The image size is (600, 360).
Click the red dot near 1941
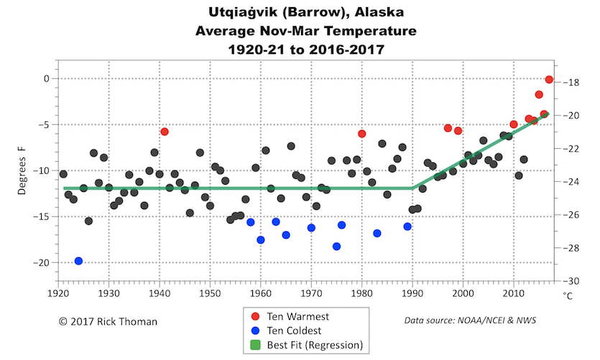165,131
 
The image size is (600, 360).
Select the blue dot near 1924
78,261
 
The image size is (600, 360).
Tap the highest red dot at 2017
549,80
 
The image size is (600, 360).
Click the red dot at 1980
362,134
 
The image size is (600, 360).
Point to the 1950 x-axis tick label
210,293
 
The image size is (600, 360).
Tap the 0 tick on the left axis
45,78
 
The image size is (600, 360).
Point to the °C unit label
568,295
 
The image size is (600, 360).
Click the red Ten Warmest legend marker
257,317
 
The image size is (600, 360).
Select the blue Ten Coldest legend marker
257,331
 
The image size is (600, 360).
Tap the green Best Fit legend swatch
257,346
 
